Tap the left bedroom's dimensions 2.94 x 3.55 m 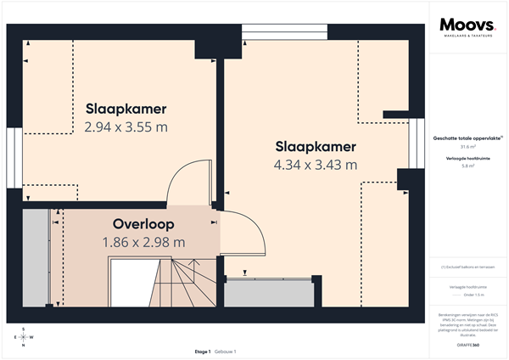pyautogui.click(x=126, y=127)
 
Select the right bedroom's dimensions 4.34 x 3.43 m pyautogui.click(x=316, y=165)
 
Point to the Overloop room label pyautogui.click(x=143, y=225)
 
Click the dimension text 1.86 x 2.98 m pyautogui.click(x=143, y=243)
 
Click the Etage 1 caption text pyautogui.click(x=202, y=351)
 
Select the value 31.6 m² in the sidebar pyautogui.click(x=467, y=146)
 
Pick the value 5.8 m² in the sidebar pyautogui.click(x=467, y=166)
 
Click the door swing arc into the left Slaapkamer pyautogui.click(x=184, y=178)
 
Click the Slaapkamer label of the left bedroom pyautogui.click(x=126, y=109)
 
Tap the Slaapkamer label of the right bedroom pyautogui.click(x=316, y=146)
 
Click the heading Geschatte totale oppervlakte pyautogui.click(x=466, y=137)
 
